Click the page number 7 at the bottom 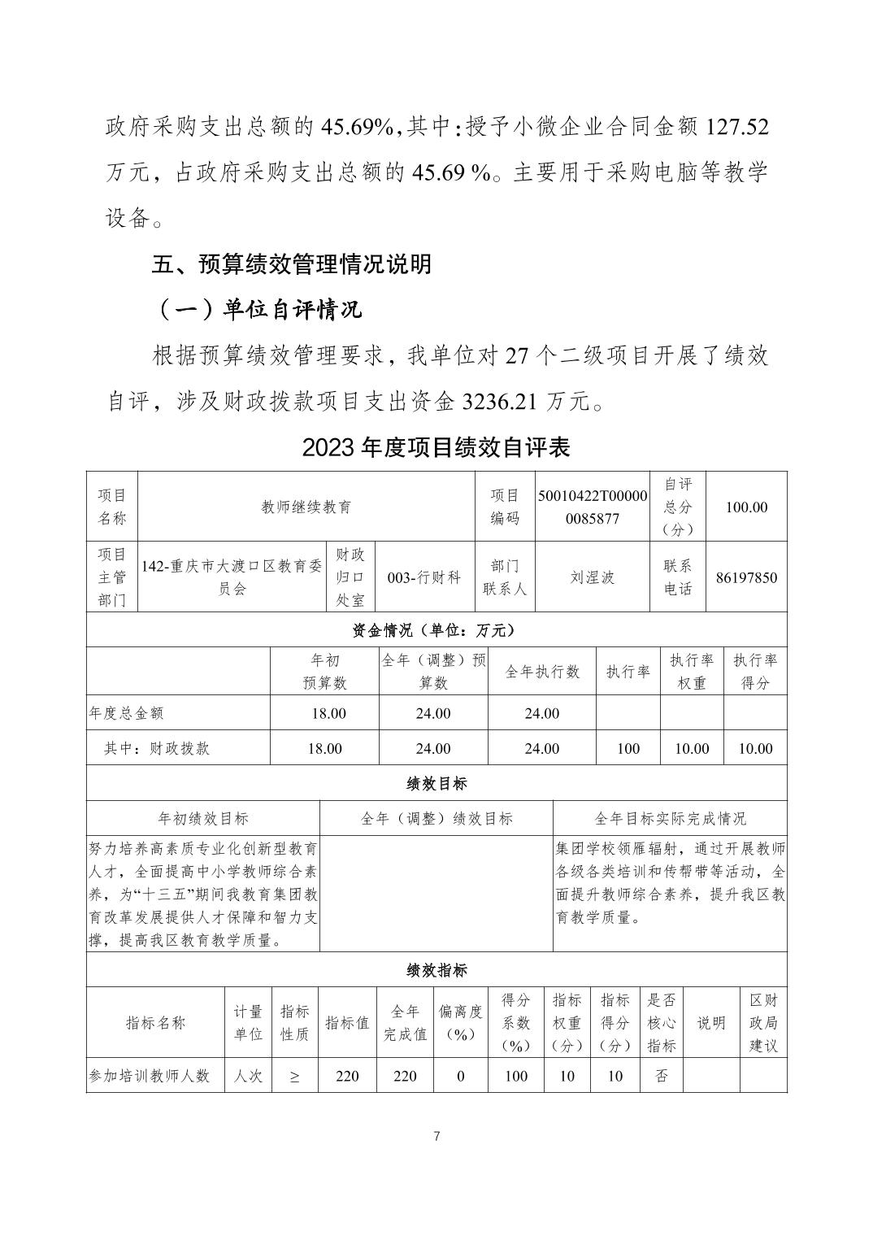436,1136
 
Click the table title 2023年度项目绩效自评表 436,447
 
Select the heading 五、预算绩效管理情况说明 292,264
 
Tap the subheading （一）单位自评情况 257,310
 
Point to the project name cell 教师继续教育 306,507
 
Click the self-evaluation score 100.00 746,507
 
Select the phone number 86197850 746,577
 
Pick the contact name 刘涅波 592,577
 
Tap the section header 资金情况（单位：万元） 436,630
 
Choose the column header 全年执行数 542,672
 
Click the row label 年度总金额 126,713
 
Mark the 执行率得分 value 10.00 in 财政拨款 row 755,748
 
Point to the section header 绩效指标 436,970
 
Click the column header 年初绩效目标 203,818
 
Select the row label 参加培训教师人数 150,1076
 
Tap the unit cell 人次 248,1076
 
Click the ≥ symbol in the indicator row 294,1077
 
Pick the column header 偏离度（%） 460,1023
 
